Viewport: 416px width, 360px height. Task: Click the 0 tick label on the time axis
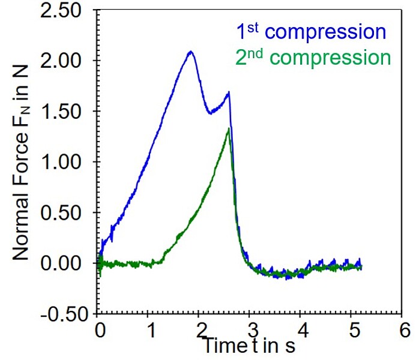tap(100, 329)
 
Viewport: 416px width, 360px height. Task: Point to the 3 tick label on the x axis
tap(253, 329)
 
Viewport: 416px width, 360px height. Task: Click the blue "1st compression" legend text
tap(309, 31)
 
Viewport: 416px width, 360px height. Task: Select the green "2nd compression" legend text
tap(312, 58)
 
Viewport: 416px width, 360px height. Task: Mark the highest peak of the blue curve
tap(191, 52)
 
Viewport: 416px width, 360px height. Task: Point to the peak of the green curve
tap(229, 129)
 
